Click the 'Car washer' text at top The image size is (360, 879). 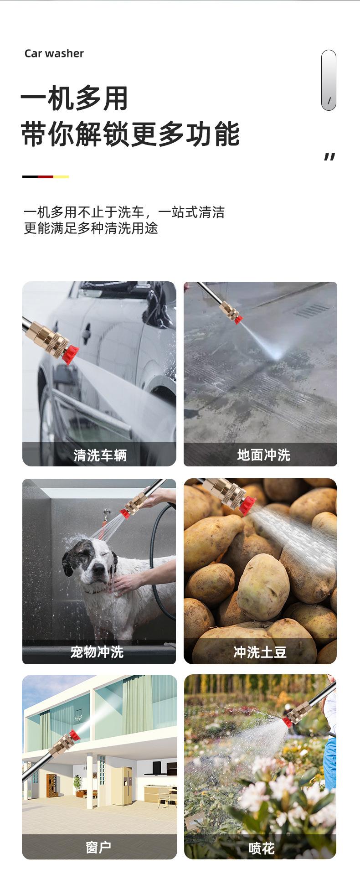click(54, 53)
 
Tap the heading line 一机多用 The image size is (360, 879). click(74, 98)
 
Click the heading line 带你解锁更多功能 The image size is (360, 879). click(130, 134)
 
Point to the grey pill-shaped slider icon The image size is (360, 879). click(329, 80)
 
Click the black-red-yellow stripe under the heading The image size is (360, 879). click(46, 177)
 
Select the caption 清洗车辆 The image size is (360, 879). click(100, 455)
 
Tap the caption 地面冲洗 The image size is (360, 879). click(263, 455)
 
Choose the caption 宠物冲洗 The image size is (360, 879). click(97, 652)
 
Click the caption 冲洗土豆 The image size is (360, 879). click(260, 652)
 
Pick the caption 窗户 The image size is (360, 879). click(98, 848)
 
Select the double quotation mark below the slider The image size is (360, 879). click(329, 157)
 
